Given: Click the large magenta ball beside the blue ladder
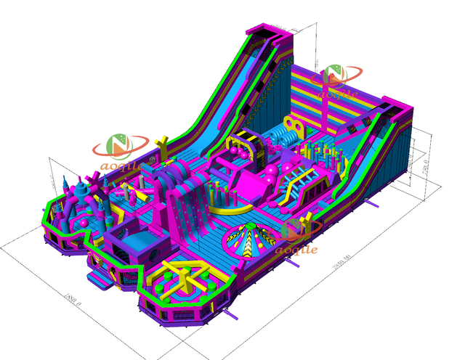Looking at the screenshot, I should tap(270, 174).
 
